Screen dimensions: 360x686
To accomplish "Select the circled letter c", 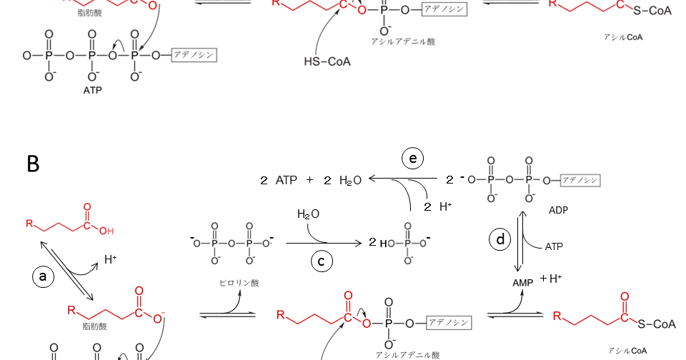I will (322, 261).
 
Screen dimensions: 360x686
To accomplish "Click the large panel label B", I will (33, 164).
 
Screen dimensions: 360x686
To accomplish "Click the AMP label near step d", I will (523, 283).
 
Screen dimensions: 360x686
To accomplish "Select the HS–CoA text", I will (327, 62).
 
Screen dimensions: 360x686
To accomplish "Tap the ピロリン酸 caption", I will (239, 283).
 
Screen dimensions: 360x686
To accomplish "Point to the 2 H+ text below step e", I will (437, 206).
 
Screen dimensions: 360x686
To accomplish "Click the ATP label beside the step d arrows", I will (554, 246).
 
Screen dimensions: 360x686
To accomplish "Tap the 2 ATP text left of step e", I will (281, 181).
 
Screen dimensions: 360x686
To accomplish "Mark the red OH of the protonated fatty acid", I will (106, 230).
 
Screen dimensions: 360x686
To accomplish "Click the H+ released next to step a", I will (111, 260).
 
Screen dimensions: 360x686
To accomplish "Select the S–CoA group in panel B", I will (656, 324).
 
